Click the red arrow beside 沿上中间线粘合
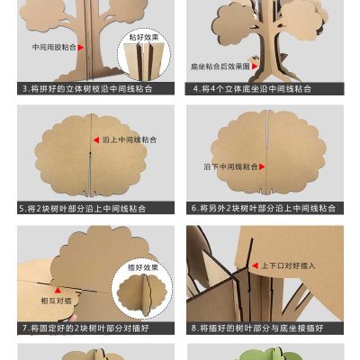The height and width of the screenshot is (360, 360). (93, 140)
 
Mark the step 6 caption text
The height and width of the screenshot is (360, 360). (263, 208)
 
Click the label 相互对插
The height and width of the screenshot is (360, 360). (55, 301)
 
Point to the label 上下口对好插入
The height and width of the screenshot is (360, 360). (289, 266)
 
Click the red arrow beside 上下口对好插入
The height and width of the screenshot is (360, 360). (255, 266)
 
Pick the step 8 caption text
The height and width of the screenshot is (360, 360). (263, 328)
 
